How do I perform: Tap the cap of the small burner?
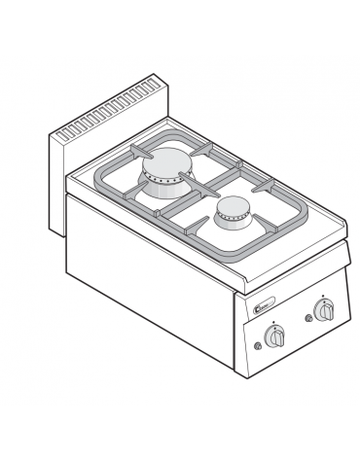click(x=234, y=205)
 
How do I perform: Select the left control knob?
click(x=276, y=337)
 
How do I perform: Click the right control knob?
click(x=325, y=311)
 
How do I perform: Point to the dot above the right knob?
click(x=322, y=295)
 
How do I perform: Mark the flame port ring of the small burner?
click(x=234, y=216)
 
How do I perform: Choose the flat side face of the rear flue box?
click(x=60, y=165)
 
